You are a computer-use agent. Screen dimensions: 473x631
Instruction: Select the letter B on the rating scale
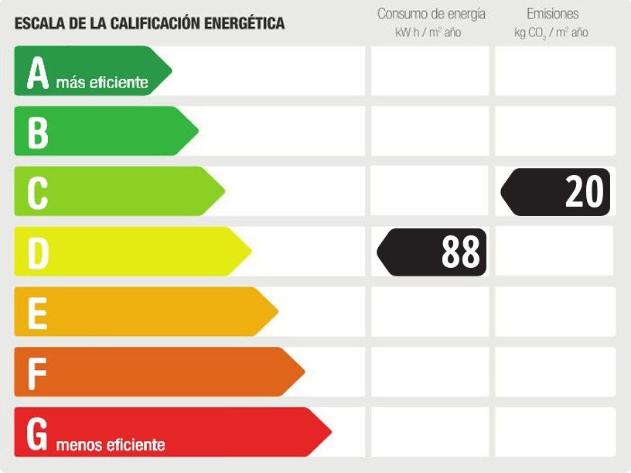tap(37, 132)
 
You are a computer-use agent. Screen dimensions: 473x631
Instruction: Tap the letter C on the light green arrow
tap(37, 193)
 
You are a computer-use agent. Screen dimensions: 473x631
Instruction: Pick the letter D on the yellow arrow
tap(38, 253)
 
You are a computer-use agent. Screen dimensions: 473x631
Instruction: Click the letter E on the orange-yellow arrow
tap(36, 313)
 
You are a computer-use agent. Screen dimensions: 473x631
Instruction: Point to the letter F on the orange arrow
tap(36, 373)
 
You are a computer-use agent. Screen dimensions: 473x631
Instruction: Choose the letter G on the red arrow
tap(38, 434)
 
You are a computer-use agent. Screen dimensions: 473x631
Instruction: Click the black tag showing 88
tap(433, 252)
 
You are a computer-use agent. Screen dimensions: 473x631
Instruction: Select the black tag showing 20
tap(557, 191)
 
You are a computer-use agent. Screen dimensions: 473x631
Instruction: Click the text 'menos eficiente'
tap(110, 445)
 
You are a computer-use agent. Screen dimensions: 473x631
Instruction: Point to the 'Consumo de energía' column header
tap(431, 14)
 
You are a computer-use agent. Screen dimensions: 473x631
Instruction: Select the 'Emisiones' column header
tap(552, 14)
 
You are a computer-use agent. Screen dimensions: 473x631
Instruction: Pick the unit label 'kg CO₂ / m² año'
tap(551, 33)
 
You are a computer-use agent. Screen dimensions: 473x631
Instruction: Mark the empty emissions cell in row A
tap(555, 71)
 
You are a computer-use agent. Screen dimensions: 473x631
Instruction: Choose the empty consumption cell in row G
tap(430, 432)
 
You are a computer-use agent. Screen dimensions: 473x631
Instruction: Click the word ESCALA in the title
tap(36, 24)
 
